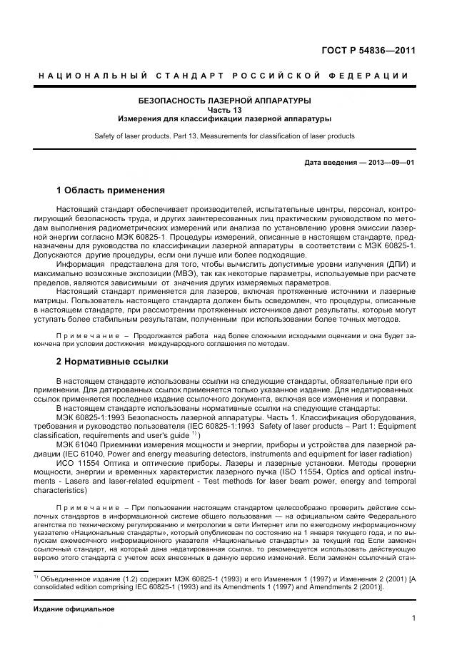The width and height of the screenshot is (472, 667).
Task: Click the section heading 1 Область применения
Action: (111, 190)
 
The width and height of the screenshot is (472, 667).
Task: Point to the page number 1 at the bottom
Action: (413, 618)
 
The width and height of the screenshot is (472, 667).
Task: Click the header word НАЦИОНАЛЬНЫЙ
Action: (93, 76)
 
